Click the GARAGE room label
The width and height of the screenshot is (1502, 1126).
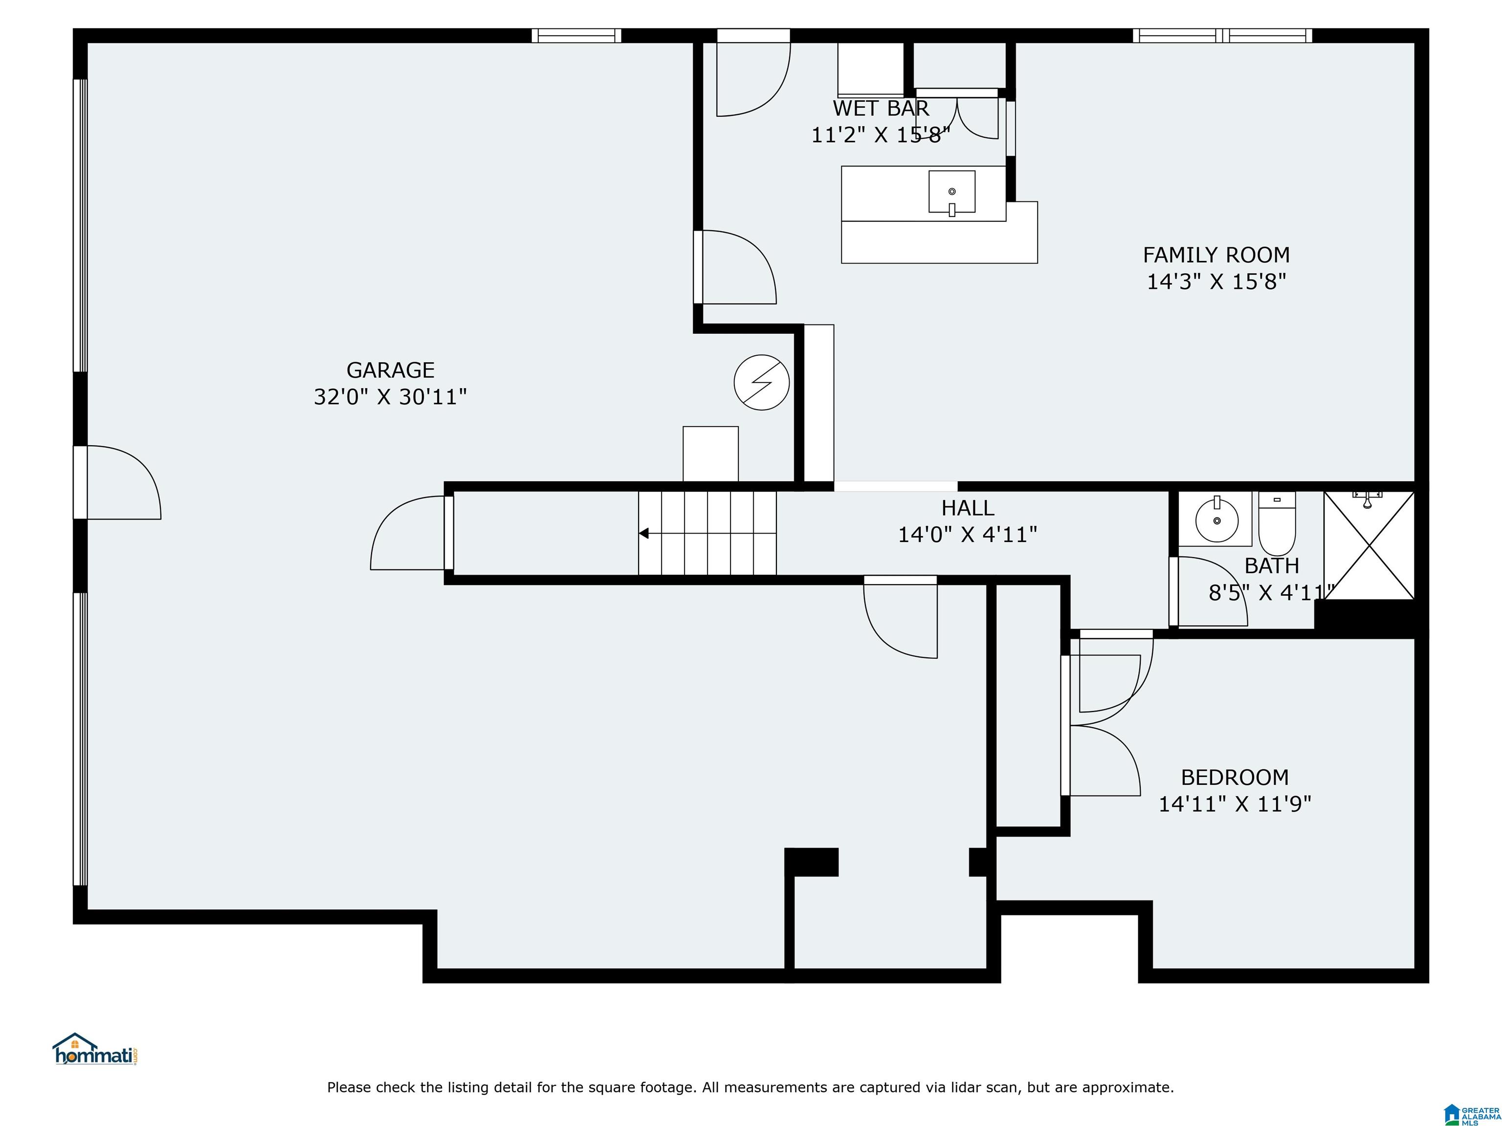coord(391,370)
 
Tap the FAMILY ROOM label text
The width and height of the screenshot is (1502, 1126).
coord(1216,255)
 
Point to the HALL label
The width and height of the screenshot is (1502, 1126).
coord(968,508)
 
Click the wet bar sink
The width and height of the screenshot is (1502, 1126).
coord(952,192)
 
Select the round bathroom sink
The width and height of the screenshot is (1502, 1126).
coord(1216,520)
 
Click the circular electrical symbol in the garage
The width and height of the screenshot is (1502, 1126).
coord(762,382)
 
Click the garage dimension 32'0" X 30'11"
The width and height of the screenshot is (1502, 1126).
coord(391,397)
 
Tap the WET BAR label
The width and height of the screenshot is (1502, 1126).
coord(881,108)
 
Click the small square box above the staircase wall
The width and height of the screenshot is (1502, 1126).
coord(710,454)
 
